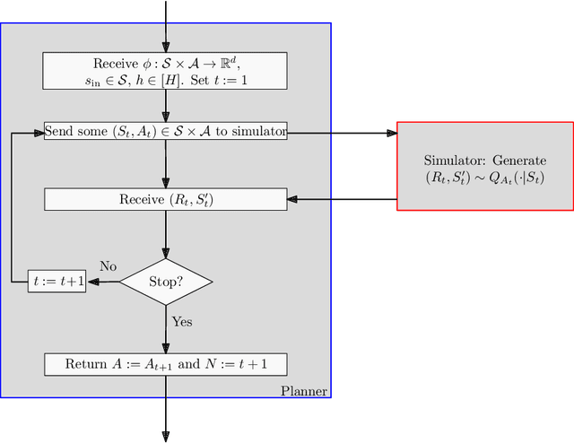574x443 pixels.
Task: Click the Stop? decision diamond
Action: point(166,282)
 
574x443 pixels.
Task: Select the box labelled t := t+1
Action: point(57,282)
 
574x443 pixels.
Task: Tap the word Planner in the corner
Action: point(304,391)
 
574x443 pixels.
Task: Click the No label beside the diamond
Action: point(108,266)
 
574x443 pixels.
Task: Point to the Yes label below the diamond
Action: point(181,322)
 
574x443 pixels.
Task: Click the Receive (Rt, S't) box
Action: point(166,199)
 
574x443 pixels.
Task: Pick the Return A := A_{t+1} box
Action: point(166,364)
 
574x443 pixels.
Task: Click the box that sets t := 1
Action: point(166,71)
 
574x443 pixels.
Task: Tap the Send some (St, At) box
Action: point(166,132)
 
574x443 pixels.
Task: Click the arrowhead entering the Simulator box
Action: point(391,133)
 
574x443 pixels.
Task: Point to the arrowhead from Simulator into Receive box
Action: point(293,199)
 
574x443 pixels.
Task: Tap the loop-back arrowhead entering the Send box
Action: point(39,133)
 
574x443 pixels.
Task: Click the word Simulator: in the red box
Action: point(454,161)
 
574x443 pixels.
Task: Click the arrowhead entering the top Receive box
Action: point(166,47)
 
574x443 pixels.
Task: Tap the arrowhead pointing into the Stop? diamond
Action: point(166,254)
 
